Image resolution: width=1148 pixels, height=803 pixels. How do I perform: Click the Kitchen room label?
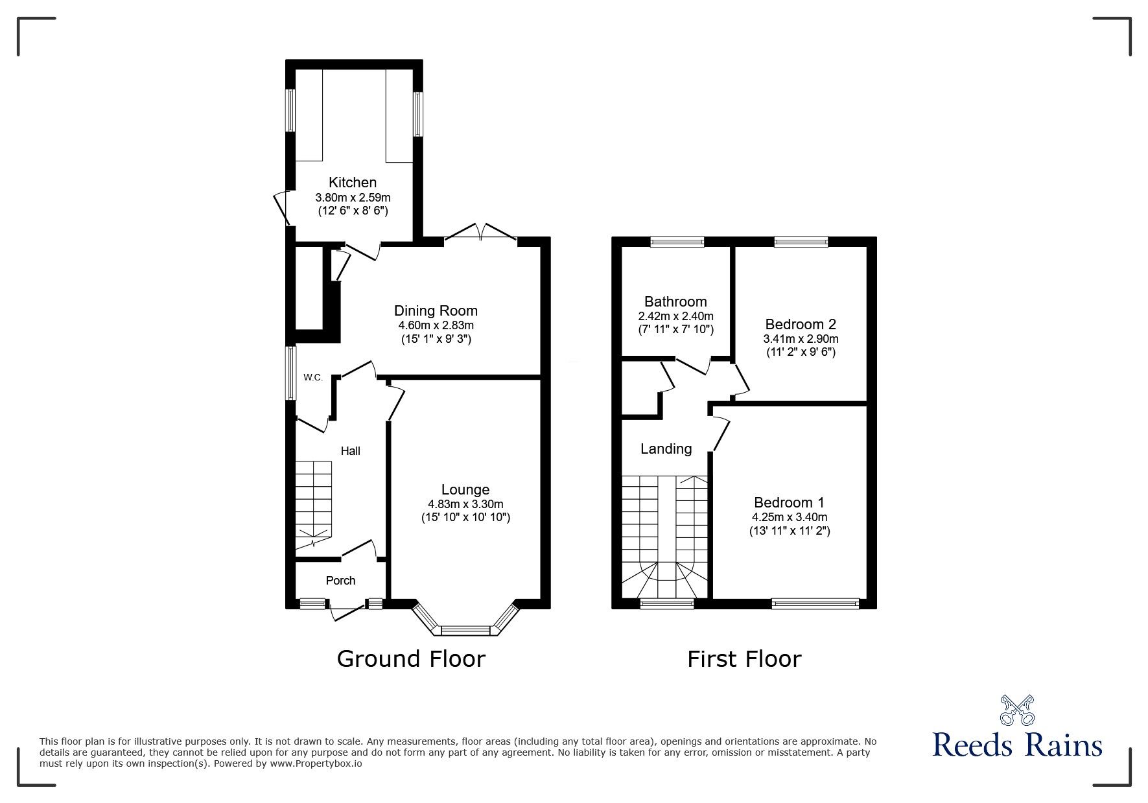tap(352, 183)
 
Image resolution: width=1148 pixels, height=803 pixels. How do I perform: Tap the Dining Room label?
tap(436, 311)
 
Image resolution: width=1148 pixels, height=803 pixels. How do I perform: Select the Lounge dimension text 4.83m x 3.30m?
tap(465, 504)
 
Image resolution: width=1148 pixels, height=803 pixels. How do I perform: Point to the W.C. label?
tap(313, 377)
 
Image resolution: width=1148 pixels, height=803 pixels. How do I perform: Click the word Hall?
tap(351, 451)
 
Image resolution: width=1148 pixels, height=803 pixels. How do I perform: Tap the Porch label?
tap(340, 581)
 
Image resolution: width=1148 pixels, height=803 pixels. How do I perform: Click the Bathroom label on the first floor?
tap(675, 301)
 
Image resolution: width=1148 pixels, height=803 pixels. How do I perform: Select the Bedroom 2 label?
tap(801, 324)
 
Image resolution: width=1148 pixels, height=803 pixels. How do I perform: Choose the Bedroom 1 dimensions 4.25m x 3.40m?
tap(789, 517)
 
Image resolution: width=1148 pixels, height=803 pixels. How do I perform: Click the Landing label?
tap(666, 448)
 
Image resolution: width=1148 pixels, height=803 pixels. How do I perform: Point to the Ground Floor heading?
tap(411, 659)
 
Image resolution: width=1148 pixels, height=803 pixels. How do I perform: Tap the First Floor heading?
tap(744, 659)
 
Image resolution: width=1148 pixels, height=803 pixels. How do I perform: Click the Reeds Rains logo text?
tap(1017, 745)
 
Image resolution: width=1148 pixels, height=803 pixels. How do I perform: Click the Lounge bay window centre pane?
tap(465, 630)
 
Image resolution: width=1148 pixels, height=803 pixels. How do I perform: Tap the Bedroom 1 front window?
tap(815, 604)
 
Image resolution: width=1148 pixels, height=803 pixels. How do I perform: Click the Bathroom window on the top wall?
tap(677, 242)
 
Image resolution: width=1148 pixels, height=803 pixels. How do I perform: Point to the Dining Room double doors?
tap(480, 235)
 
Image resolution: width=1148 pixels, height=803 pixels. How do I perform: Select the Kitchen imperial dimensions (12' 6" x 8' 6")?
tap(353, 211)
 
